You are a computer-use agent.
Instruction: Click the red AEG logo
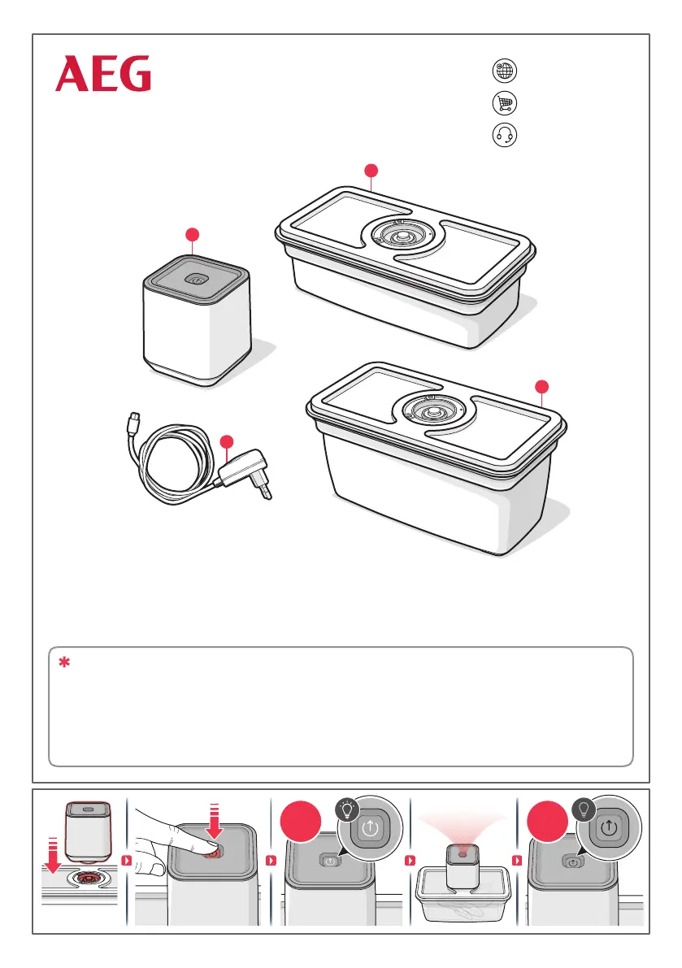pyautogui.click(x=103, y=73)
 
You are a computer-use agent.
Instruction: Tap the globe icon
pyautogui.click(x=504, y=71)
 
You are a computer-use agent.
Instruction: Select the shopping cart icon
pyautogui.click(x=504, y=103)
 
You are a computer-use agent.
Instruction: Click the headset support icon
pyautogui.click(x=504, y=135)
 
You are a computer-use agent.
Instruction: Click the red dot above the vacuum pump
pyautogui.click(x=193, y=235)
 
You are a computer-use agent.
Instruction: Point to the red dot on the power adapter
pyautogui.click(x=227, y=442)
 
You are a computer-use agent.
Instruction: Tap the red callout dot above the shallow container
pyautogui.click(x=371, y=171)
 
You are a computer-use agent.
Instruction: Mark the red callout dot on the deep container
pyautogui.click(x=542, y=387)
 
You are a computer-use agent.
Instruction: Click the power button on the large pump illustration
pyautogui.click(x=197, y=280)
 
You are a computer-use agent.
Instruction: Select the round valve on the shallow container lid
pyautogui.click(x=403, y=236)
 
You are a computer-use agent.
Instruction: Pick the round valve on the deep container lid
pyautogui.click(x=432, y=410)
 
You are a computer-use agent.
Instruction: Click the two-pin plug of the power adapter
pyautogui.click(x=265, y=490)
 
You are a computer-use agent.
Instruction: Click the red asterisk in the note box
pyautogui.click(x=64, y=662)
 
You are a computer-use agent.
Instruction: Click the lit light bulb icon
pyautogui.click(x=347, y=810)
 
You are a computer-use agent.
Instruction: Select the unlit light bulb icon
pyautogui.click(x=584, y=810)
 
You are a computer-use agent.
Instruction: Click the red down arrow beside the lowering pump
pyautogui.click(x=53, y=856)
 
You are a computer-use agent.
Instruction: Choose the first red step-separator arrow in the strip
pyautogui.click(x=127, y=860)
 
